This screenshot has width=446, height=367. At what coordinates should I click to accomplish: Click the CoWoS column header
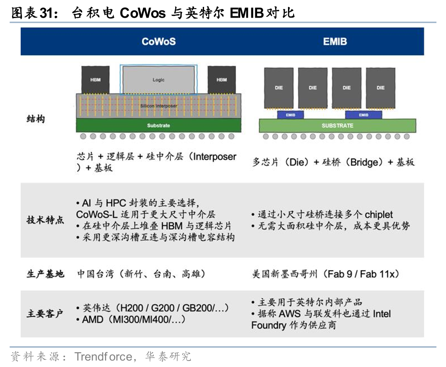158,42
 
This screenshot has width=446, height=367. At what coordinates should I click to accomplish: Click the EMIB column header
334,42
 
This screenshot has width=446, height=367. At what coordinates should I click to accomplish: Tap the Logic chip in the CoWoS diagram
158,80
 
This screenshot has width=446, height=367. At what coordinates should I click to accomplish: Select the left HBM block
96,80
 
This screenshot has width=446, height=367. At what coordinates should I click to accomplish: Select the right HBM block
221,80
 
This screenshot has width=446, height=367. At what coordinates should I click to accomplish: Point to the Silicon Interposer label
158,106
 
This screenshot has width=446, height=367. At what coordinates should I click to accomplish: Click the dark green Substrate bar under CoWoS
158,125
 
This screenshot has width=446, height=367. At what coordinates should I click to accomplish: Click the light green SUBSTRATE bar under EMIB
337,125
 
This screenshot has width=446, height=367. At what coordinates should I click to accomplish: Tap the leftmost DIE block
279,87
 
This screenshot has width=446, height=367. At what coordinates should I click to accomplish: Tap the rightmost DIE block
381,87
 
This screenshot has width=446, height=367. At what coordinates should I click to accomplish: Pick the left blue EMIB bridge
290,115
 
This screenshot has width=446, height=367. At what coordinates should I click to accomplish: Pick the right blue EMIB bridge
363,115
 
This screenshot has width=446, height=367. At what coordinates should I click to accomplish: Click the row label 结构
36,119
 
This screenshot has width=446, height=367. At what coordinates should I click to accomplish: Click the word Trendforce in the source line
103,357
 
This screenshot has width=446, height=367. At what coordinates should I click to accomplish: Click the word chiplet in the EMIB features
379,215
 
